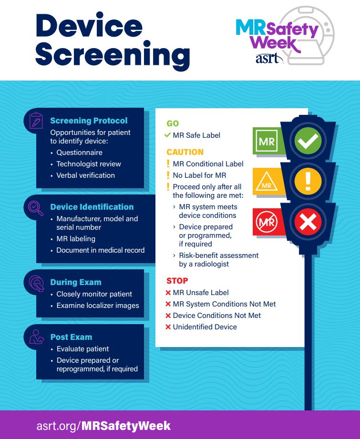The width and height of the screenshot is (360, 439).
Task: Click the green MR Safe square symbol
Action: (x=267, y=142)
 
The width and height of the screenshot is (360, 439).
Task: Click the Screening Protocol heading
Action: (x=89, y=121)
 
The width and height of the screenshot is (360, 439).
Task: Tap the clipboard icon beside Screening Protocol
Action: (x=36, y=120)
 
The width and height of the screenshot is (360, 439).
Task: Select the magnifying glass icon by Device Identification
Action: (x=36, y=207)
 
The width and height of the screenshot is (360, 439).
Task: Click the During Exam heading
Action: (x=76, y=282)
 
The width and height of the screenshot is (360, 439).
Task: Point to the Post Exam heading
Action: (x=71, y=337)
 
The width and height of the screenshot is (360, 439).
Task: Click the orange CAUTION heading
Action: (x=185, y=152)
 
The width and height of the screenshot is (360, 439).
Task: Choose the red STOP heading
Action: (x=177, y=281)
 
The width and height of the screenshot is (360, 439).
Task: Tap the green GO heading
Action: (x=173, y=123)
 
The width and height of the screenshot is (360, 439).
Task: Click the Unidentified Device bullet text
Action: (x=205, y=327)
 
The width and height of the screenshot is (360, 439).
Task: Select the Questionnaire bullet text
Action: (x=79, y=153)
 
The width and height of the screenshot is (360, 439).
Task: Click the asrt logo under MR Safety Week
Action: (x=270, y=59)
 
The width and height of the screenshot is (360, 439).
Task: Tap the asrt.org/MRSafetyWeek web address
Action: (x=103, y=425)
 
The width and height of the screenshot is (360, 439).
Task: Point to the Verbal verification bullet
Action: (x=85, y=175)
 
